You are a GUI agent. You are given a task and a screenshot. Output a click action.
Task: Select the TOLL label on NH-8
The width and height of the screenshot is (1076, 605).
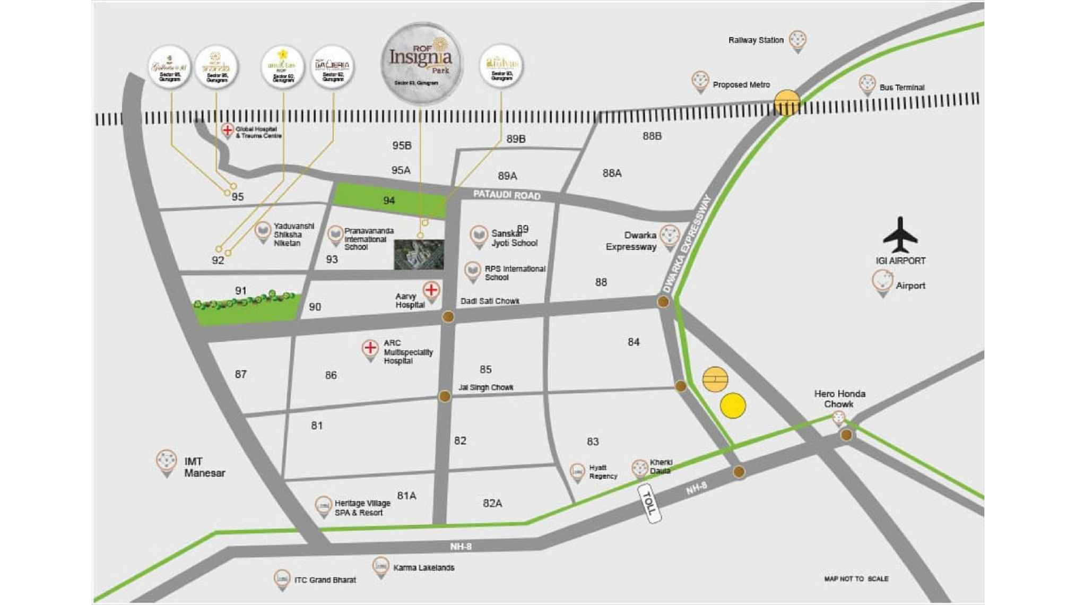[x=649, y=503]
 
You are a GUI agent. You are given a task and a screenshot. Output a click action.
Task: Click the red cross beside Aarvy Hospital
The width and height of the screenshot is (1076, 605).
[x=431, y=290]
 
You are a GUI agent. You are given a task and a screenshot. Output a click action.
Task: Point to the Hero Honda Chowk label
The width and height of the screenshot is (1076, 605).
[x=839, y=399]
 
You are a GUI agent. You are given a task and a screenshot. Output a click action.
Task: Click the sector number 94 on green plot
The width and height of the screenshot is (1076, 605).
[x=389, y=201]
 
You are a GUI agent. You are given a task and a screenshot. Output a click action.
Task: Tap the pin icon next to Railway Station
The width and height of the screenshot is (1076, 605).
[x=797, y=40]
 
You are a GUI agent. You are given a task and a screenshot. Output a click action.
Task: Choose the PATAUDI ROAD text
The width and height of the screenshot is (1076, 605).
[x=506, y=195]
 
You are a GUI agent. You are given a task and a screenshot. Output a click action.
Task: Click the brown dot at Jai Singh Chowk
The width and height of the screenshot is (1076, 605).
[x=445, y=396]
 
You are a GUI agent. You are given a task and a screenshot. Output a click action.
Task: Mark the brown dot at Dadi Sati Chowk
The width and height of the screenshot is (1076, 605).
[x=448, y=317]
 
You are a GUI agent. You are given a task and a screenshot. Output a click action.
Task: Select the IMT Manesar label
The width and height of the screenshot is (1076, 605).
[x=204, y=467]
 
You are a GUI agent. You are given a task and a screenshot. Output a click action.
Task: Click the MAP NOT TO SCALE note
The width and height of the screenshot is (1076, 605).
[x=856, y=578]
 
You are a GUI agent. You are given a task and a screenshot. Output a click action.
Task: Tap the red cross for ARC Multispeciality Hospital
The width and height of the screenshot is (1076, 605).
[x=370, y=349]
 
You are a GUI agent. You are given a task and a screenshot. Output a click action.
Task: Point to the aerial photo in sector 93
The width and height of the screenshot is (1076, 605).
[x=419, y=254]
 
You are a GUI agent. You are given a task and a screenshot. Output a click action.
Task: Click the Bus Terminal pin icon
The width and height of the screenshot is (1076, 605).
[x=867, y=84]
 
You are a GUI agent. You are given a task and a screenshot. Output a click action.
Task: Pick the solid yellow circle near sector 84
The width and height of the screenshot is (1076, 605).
[x=733, y=406]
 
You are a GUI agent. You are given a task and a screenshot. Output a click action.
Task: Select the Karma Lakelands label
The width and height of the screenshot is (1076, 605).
[x=423, y=567]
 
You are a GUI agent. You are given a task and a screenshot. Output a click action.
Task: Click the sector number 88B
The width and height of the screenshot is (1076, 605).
[x=652, y=136]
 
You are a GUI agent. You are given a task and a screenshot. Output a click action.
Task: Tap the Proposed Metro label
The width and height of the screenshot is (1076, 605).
[x=741, y=85]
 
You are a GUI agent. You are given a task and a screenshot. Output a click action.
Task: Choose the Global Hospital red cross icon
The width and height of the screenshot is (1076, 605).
[x=227, y=129]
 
